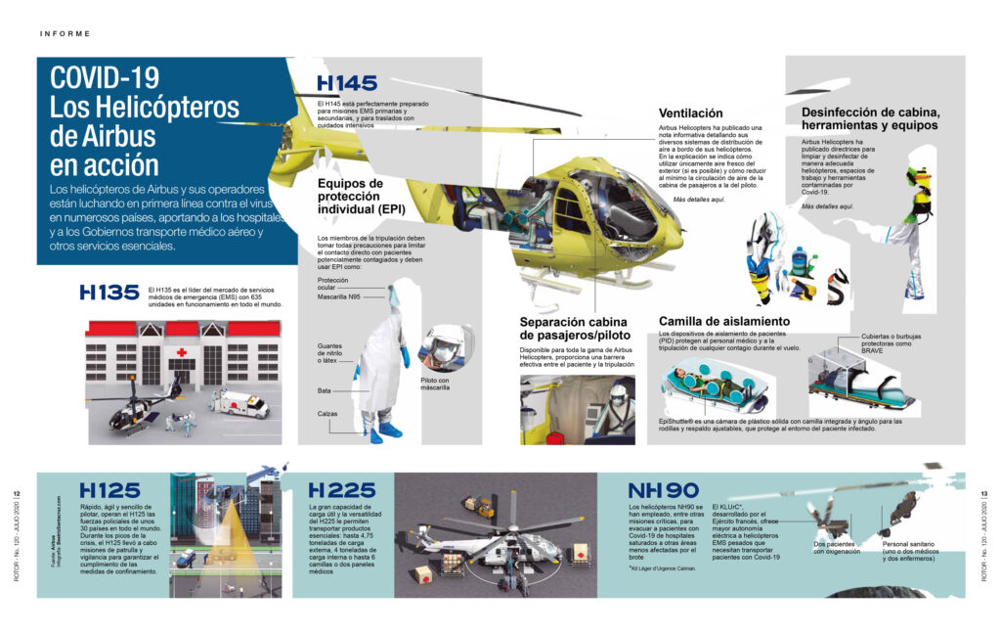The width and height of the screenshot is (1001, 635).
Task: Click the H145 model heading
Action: pos(347,83)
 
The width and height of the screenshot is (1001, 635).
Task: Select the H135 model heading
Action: pos(109,292)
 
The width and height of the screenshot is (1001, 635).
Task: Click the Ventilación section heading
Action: pos(690,113)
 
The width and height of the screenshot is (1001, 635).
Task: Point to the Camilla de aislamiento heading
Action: pos(724,321)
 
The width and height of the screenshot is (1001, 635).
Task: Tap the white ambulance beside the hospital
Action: pos(239,403)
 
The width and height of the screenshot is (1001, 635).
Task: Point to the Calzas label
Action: pos(327,413)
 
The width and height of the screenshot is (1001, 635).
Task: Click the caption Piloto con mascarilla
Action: pos(435,383)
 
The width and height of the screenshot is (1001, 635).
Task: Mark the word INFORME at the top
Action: pos(65,33)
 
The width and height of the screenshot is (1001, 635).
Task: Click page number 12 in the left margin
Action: pos(17,493)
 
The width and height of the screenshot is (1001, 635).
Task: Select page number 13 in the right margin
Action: pos(983,493)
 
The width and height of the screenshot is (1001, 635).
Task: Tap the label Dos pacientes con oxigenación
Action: pos(834,547)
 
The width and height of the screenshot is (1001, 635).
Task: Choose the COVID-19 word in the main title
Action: pos(105,78)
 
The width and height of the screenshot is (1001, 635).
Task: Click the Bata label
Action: pos(325,389)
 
